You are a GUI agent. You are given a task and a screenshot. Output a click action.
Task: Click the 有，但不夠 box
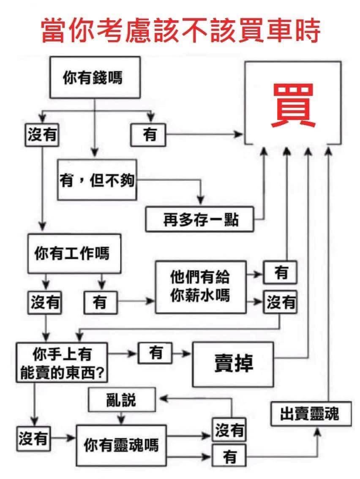(x=97, y=180)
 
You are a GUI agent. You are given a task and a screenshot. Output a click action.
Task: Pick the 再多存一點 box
(x=199, y=219)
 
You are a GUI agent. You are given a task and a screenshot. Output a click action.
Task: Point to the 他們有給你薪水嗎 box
(x=200, y=287)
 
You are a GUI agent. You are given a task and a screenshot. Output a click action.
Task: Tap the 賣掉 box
(x=233, y=364)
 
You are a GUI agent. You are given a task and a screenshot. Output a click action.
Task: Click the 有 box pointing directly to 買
(x=149, y=135)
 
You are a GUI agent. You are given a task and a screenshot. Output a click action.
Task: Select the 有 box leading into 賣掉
(x=155, y=353)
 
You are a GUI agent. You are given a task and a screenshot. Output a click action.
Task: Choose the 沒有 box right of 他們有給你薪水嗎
(x=280, y=302)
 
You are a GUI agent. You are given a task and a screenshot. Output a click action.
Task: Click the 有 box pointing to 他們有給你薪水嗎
(x=100, y=302)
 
